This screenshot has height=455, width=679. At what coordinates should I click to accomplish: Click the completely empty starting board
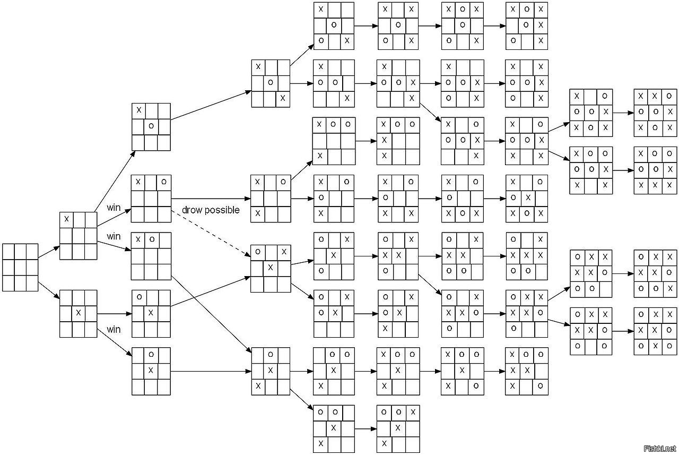click(20, 268)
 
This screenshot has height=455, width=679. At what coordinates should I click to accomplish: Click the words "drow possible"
click(211, 210)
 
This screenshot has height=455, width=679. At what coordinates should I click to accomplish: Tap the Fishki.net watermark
click(659, 449)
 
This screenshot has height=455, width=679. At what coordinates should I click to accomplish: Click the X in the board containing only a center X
click(79, 313)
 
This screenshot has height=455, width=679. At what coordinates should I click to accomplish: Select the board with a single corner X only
click(79, 235)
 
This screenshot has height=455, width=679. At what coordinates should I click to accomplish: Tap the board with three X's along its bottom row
click(656, 170)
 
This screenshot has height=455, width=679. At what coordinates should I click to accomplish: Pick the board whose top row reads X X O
click(656, 112)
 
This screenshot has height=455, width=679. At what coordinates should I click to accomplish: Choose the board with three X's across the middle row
click(527, 255)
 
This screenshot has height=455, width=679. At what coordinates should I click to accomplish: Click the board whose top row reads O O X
click(398, 429)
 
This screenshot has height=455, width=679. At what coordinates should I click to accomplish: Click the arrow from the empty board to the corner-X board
click(49, 251)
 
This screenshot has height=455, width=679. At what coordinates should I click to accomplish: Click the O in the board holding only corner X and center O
click(151, 126)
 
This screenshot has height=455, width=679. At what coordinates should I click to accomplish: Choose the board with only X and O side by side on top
click(151, 255)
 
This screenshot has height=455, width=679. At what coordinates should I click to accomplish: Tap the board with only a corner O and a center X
click(151, 313)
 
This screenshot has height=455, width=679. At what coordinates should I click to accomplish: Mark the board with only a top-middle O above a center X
click(151, 370)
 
